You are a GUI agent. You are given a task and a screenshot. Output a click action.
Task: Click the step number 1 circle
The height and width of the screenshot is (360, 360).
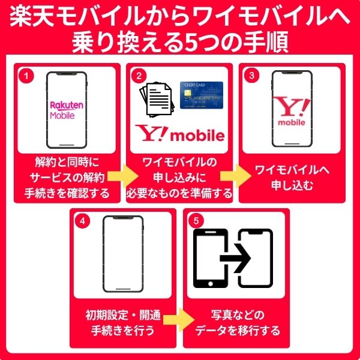coord(25,76)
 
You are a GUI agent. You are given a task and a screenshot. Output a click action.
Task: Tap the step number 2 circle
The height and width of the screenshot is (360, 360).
coord(139,76)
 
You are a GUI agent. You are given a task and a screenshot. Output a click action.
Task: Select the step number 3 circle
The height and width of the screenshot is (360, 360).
coord(253,76)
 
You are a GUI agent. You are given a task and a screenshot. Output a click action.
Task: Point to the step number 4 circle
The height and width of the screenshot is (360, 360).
coord(84,220)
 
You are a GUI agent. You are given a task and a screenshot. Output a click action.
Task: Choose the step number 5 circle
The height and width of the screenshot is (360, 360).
coord(197,220)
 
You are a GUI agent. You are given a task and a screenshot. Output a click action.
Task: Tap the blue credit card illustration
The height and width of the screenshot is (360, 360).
coord(201,94)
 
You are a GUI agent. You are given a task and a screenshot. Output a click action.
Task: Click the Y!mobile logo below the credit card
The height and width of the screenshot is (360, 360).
coord(180,134)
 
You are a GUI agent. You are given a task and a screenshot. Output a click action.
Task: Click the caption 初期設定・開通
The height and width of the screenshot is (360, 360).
coord(123,314)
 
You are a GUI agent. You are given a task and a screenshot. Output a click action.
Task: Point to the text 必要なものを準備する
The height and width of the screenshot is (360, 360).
coord(180,193)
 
